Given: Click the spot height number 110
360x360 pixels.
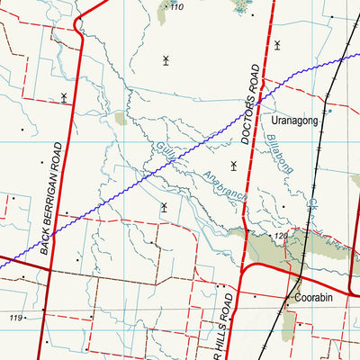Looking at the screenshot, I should coord(175,7).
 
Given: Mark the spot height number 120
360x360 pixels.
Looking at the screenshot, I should coord(281,236).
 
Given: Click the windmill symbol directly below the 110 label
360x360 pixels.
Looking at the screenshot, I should coord(166,60).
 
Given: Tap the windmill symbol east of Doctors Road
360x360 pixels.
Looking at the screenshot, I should coord(277,44).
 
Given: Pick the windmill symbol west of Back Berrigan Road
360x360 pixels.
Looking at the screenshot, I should coord(64,96).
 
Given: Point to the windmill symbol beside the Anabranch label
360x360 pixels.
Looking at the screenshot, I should coord(234,165).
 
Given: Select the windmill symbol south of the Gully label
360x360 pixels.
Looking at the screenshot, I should coord(164,207).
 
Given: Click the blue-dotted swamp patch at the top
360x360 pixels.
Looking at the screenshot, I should coord(242,8).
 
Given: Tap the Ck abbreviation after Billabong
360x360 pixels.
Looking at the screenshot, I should coord(311,206).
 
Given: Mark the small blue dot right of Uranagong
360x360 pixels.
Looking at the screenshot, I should coord(329,112).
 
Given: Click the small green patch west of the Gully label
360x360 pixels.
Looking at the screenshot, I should coord(121,118).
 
